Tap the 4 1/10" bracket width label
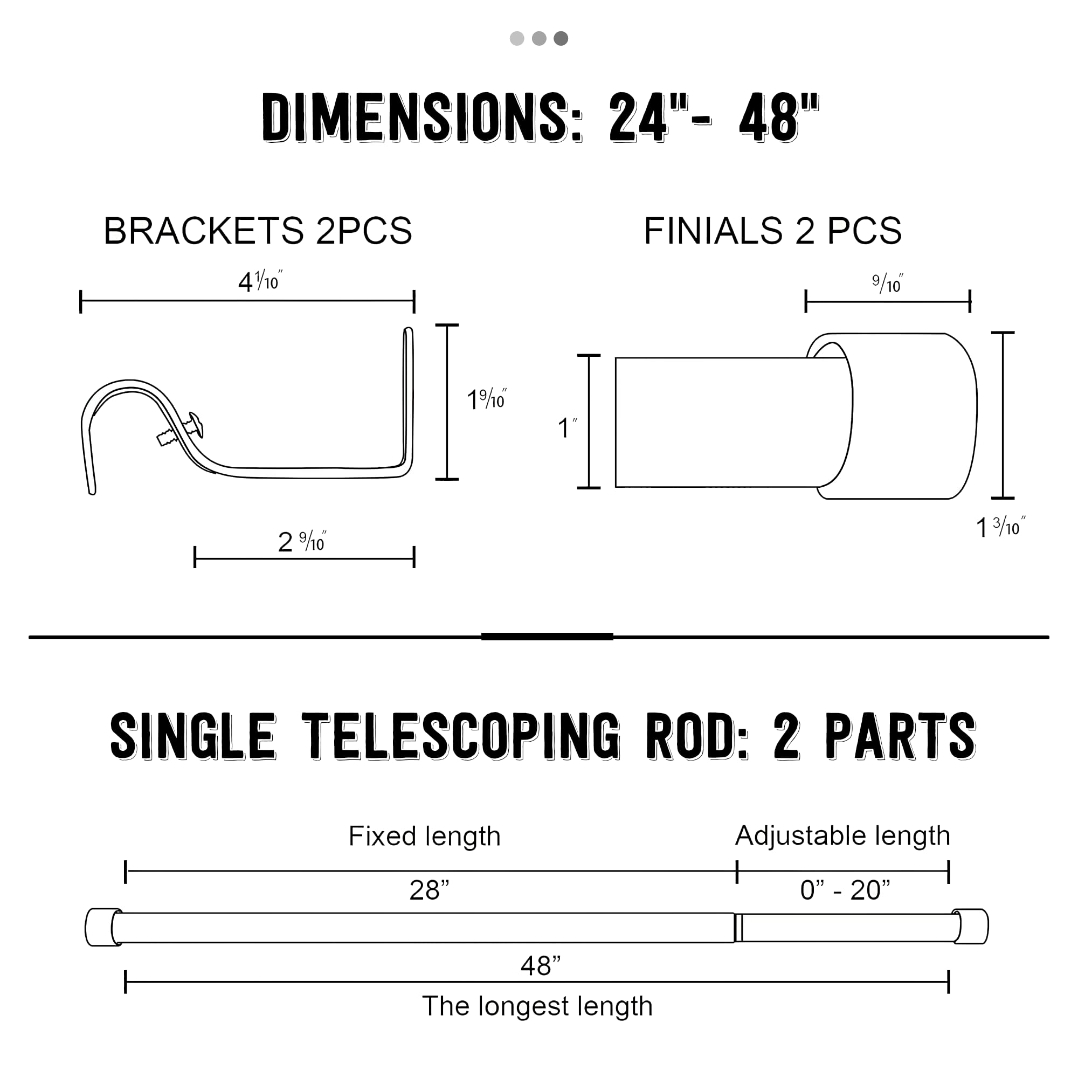pyautogui.click(x=260, y=281)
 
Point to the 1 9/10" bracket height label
pyautogui.click(x=486, y=399)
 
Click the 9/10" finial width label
pyautogui.click(x=888, y=284)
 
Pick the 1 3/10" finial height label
pyautogui.click(x=1000, y=527)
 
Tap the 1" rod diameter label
pyautogui.click(x=567, y=428)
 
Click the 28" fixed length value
pyautogui.click(x=429, y=890)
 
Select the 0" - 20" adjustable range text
pyautogui.click(x=845, y=890)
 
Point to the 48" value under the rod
pyautogui.click(x=540, y=965)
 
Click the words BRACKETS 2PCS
pyautogui.click(x=258, y=231)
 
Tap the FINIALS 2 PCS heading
pyautogui.click(x=773, y=231)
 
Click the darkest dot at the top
pyautogui.click(x=561, y=38)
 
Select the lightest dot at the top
pyautogui.click(x=517, y=38)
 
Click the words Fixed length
pyautogui.click(x=425, y=837)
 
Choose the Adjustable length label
pyautogui.click(x=842, y=836)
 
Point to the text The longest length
pyautogui.click(x=537, y=1006)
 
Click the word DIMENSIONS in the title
pyautogui.click(x=423, y=118)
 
